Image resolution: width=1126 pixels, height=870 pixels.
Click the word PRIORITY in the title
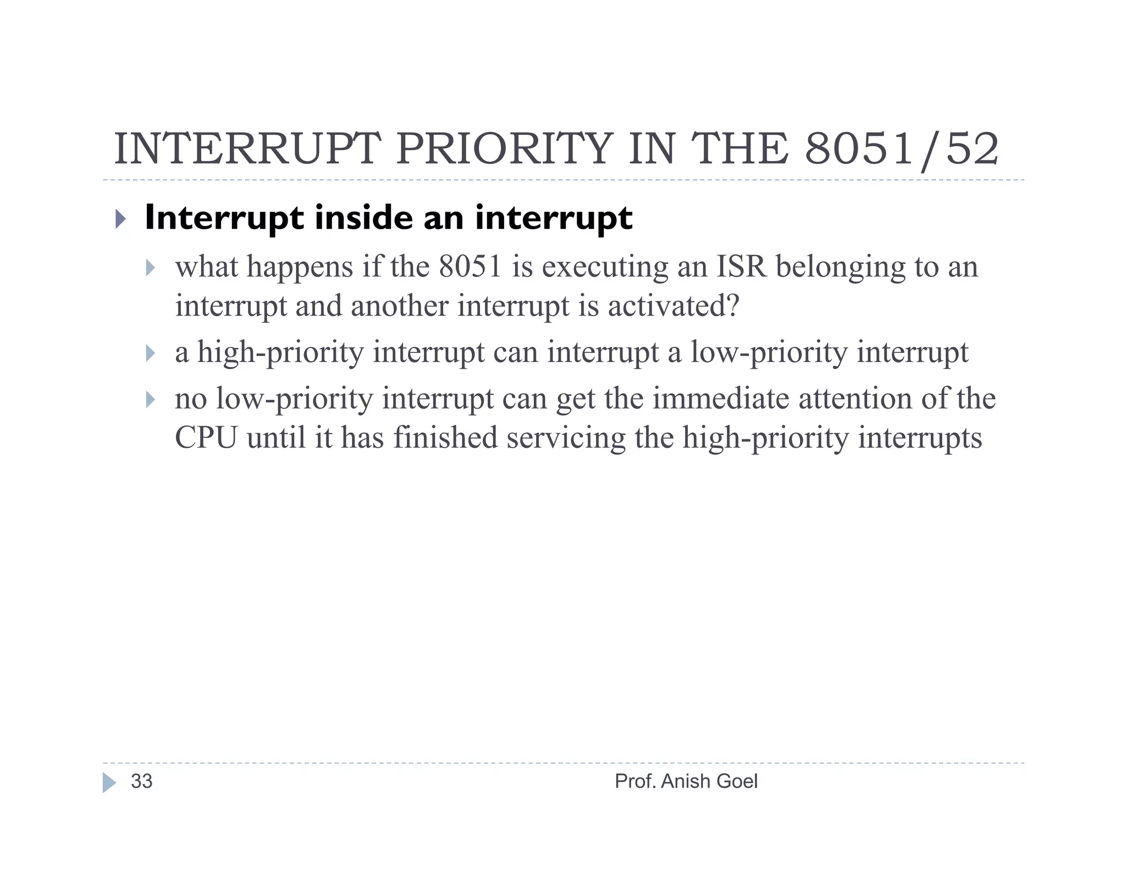[504, 149]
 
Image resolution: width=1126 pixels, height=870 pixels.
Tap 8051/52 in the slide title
[902, 149]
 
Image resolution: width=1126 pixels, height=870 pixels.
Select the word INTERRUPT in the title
[247, 149]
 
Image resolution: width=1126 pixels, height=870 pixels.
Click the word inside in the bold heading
[364, 218]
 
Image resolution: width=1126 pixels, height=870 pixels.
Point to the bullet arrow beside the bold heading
[120, 219]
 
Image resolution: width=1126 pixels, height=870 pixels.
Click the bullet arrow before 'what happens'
[150, 268]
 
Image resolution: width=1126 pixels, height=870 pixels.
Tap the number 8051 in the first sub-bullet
[470, 267]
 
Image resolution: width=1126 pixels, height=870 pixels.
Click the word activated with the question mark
[674, 306]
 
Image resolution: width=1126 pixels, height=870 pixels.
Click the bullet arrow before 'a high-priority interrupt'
[150, 353]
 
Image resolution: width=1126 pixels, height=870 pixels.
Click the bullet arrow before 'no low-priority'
[150, 399]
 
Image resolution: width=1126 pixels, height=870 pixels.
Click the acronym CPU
[206, 438]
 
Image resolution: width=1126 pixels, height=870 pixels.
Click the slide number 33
[141, 781]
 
